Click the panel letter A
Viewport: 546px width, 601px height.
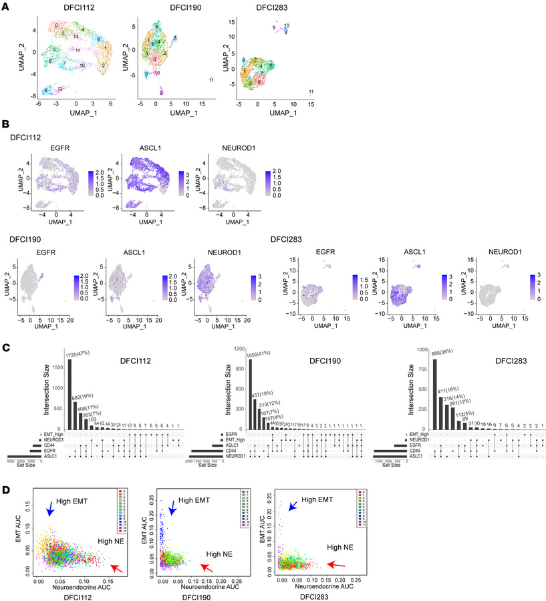(x=5, y=6)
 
